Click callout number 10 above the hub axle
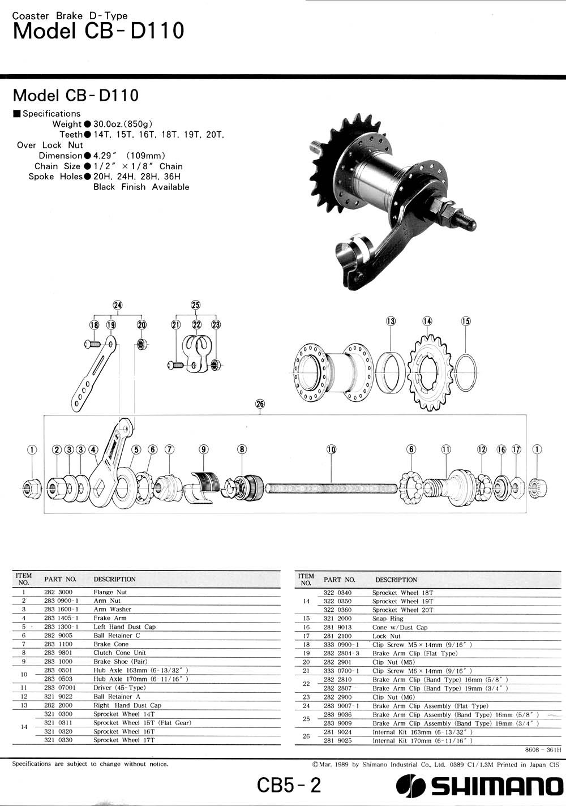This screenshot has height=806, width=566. click(x=331, y=449)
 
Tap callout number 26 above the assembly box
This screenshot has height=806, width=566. click(x=260, y=404)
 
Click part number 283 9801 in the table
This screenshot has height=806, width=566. click(x=58, y=653)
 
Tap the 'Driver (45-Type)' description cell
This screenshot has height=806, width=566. click(x=119, y=688)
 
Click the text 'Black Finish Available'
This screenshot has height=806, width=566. click(x=141, y=187)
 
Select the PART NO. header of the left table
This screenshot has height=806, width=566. click(x=60, y=579)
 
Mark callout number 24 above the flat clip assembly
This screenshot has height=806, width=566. click(x=118, y=305)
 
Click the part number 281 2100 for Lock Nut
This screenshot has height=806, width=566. click(x=337, y=636)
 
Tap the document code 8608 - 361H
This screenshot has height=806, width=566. click(x=543, y=749)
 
